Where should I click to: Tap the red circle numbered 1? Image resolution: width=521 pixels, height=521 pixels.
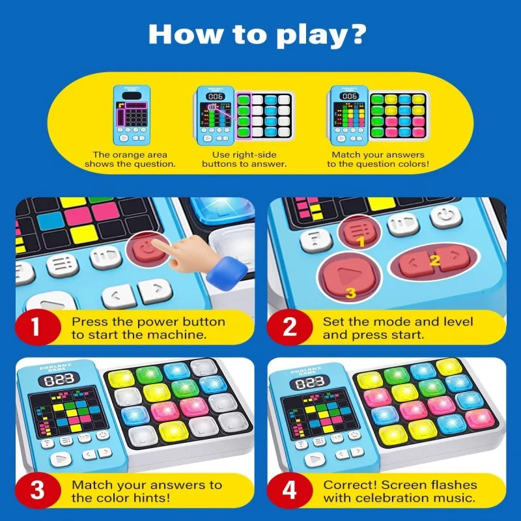tap(35, 327)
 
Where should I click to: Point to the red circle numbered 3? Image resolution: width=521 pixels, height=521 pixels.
tap(35, 490)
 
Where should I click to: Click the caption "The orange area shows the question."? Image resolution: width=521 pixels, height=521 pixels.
tap(130, 160)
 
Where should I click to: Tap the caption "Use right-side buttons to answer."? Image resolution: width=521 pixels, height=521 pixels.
tap(244, 160)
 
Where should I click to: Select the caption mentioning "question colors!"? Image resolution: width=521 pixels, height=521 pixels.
tap(378, 160)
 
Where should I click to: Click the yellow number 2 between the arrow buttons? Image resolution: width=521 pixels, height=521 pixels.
tap(434, 261)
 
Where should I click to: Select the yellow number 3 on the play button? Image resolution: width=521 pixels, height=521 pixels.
tap(350, 292)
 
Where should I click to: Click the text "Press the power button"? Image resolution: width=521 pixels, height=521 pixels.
tap(148, 322)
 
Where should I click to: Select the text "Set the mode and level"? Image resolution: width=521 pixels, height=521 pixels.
tap(397, 322)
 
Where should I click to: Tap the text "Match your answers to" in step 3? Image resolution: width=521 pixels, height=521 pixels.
tap(147, 485)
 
